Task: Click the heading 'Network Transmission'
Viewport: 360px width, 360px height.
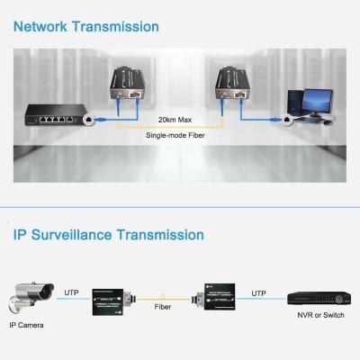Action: click(86, 27)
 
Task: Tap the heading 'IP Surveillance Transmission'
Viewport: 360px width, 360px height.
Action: click(108, 236)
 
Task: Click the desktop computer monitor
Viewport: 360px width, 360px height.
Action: click(306, 99)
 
